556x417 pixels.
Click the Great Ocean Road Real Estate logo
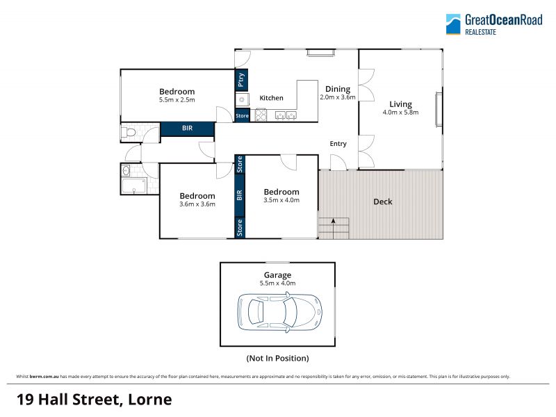pyautogui.click(x=494, y=24)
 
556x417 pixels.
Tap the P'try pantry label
pyautogui.click(x=241, y=80)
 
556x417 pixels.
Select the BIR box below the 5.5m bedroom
pyautogui.click(x=187, y=129)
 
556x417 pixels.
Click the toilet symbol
pyautogui.click(x=129, y=133)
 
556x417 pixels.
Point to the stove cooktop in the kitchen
pyautogui.click(x=261, y=115)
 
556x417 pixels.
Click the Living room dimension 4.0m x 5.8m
pyautogui.click(x=400, y=113)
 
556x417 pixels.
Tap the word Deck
pyautogui.click(x=383, y=202)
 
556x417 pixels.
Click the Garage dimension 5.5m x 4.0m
pyautogui.click(x=277, y=284)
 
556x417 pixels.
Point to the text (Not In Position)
pyautogui.click(x=277, y=358)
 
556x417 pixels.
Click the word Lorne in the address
pyautogui.click(x=149, y=400)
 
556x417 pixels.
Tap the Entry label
pyautogui.click(x=338, y=144)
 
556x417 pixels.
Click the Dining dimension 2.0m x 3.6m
pyautogui.click(x=338, y=97)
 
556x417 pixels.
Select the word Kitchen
pyautogui.click(x=271, y=98)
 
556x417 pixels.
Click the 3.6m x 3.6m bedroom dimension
pyautogui.click(x=197, y=204)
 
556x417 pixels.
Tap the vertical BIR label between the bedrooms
pyautogui.click(x=240, y=195)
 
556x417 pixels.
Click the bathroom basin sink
pyautogui.click(x=126, y=171)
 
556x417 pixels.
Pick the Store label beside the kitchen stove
pyautogui.click(x=242, y=115)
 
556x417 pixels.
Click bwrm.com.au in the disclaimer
pyautogui.click(x=44, y=377)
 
